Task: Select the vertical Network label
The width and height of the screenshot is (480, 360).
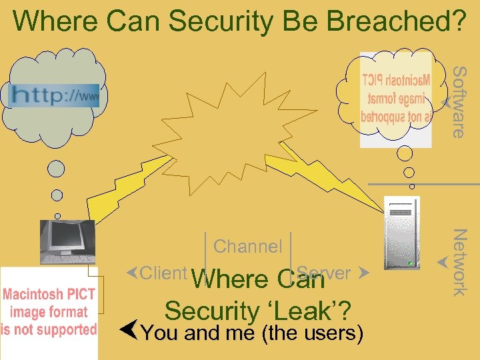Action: point(459,261)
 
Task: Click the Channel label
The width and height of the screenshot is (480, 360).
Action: point(248,247)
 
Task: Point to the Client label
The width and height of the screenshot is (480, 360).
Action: point(163,273)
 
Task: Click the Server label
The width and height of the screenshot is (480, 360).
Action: point(325,273)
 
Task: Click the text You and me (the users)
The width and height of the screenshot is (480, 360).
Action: point(252,333)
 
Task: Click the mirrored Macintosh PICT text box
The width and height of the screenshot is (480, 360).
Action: point(396,99)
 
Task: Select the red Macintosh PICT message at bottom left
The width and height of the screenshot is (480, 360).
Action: point(49,311)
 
